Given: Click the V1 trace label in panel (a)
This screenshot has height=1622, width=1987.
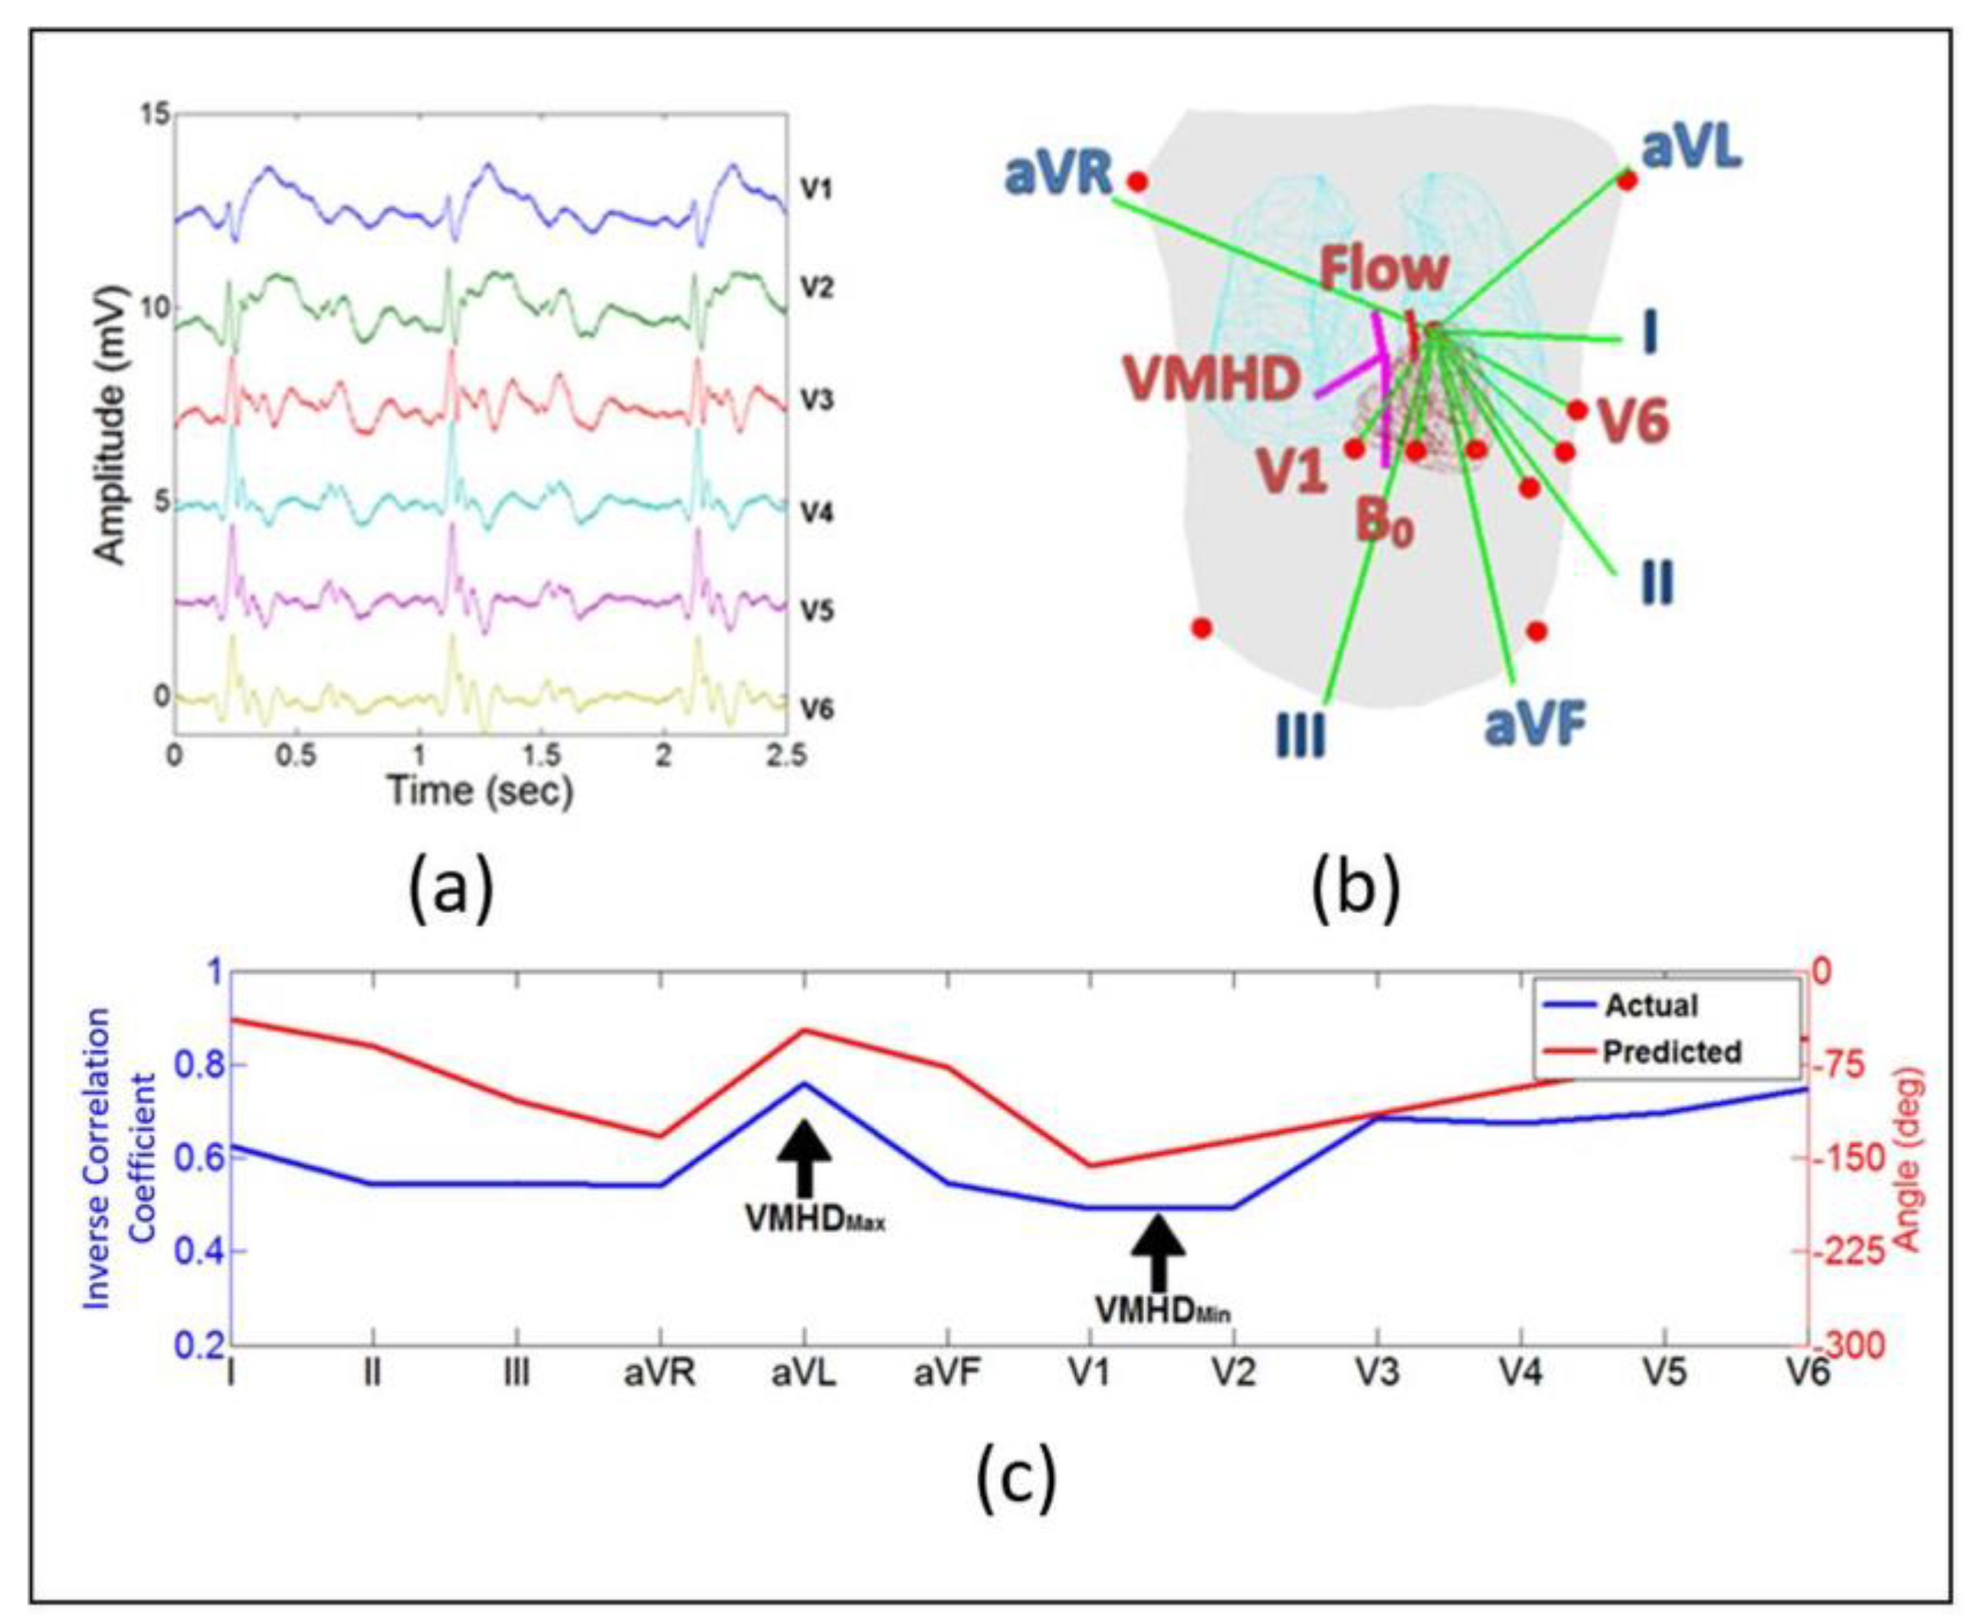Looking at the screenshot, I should click(x=815, y=190).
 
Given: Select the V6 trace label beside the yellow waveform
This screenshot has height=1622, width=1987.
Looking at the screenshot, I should click(x=817, y=710).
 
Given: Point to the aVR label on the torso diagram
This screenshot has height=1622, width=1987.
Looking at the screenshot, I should click(x=1060, y=175).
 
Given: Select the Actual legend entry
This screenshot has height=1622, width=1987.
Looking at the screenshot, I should click(x=1651, y=1006).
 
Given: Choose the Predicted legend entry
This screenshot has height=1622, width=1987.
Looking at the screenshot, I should click(x=1672, y=1052).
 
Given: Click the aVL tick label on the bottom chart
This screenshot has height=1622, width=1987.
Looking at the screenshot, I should click(x=804, y=1375).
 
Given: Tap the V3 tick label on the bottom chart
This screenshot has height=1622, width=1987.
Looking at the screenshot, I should click(x=1377, y=1375).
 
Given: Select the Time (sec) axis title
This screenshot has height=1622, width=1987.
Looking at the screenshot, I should click(x=480, y=791).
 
